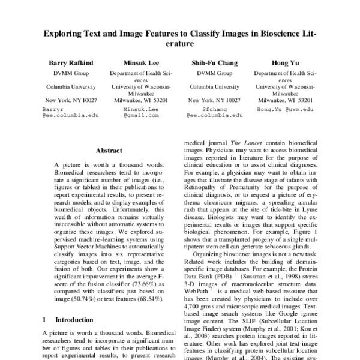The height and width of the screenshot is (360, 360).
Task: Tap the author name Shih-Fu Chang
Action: (214, 63)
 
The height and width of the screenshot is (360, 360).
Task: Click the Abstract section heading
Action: (109, 151)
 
